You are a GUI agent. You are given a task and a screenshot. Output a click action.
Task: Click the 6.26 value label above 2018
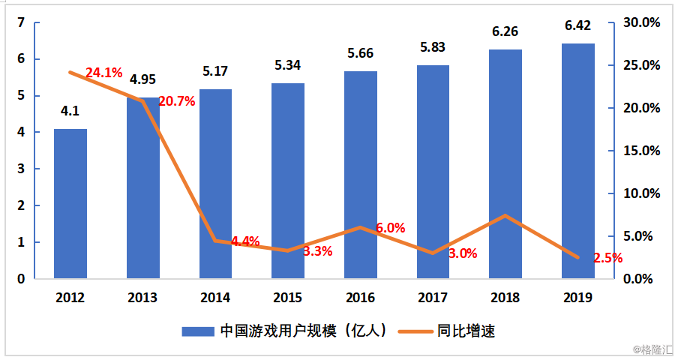(x=505, y=32)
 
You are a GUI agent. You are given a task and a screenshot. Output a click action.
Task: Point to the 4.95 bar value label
(x=142, y=79)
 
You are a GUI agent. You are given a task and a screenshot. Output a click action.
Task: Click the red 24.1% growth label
(x=103, y=73)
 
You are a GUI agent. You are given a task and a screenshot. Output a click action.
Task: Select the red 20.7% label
(x=177, y=100)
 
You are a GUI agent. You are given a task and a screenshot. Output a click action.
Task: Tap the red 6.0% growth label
(x=390, y=228)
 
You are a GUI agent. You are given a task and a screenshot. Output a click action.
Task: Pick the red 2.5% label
(x=607, y=258)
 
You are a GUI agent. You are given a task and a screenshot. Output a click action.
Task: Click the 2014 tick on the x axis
(x=215, y=298)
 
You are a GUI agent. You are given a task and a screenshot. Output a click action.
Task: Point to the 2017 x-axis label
(x=433, y=298)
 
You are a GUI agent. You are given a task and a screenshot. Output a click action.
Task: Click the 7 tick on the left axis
(x=21, y=22)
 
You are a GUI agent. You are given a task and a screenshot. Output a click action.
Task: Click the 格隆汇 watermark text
(x=653, y=349)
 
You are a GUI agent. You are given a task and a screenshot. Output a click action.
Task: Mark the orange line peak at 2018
(x=505, y=215)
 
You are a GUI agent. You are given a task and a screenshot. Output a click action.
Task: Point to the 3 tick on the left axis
(x=21, y=169)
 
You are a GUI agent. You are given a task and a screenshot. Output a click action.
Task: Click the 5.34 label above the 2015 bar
(x=288, y=65)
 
